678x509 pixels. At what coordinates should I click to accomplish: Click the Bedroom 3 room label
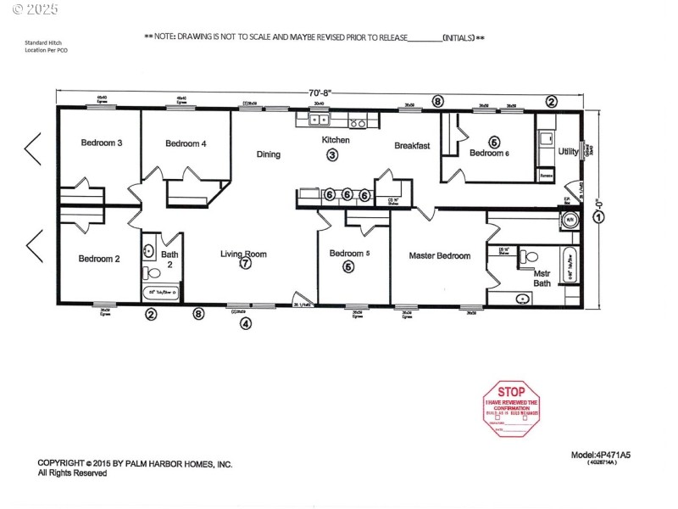point(102,143)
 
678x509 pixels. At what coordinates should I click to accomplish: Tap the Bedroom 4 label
point(186,143)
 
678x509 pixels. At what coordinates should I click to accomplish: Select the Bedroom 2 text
point(99,259)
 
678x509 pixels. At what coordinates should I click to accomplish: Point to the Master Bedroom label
point(439,255)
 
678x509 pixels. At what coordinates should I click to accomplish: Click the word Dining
point(269,154)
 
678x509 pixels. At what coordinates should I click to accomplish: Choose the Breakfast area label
point(412,146)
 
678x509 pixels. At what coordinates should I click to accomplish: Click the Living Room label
point(243,253)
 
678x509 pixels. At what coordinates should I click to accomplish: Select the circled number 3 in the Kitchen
point(332,154)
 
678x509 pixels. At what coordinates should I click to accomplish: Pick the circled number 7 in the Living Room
point(245,264)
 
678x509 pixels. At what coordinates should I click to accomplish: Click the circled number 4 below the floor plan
point(246,322)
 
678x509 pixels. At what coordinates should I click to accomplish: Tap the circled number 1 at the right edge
point(599,216)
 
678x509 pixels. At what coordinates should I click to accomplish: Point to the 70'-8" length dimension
point(320,93)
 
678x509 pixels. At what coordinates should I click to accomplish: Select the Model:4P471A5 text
point(601,455)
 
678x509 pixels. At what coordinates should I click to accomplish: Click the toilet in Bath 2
point(152,273)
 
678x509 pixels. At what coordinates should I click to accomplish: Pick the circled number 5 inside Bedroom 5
point(347,266)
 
